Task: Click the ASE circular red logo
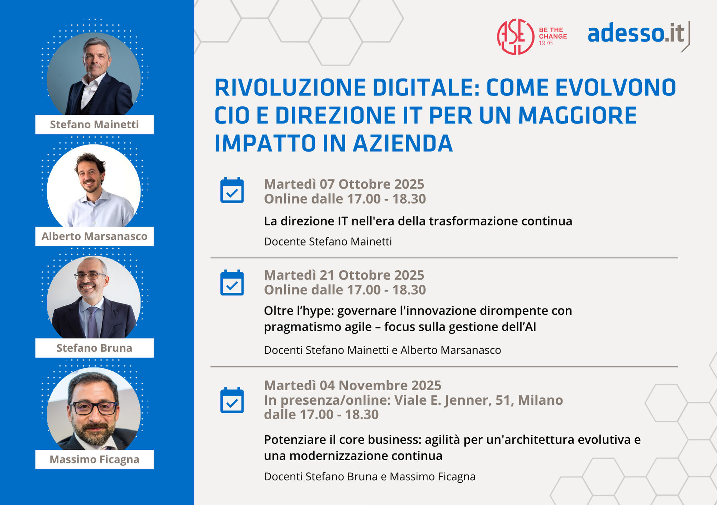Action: click(516, 37)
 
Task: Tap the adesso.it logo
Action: click(638, 35)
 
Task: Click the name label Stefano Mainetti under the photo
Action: click(94, 124)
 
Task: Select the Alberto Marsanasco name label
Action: click(94, 236)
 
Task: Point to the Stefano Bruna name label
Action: click(94, 348)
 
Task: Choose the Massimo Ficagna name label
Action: click(94, 459)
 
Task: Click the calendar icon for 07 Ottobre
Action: click(232, 190)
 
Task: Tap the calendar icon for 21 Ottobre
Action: click(232, 282)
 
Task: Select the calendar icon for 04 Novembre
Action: click(232, 400)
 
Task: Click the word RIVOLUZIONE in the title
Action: click(290, 88)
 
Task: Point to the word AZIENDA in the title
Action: click(403, 144)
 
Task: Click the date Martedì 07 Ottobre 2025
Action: click(344, 184)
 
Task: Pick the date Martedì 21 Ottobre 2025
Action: click(344, 275)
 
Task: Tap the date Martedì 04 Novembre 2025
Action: click(353, 386)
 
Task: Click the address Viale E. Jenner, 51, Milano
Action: click(479, 400)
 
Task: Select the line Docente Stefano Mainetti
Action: click(328, 242)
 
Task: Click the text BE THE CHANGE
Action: click(553, 33)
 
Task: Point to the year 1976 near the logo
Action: click(546, 43)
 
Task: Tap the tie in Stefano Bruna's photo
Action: click(92, 323)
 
